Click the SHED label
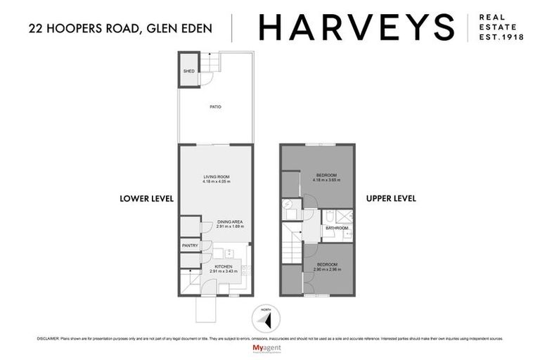click(x=188, y=72)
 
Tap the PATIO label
click(x=215, y=106)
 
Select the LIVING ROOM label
click(x=217, y=176)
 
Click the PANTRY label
click(x=190, y=245)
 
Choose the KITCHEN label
click(x=223, y=266)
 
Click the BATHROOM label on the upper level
click(x=337, y=229)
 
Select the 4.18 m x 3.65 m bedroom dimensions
click(x=326, y=180)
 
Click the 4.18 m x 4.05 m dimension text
click(x=217, y=182)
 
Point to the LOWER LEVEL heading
click(x=146, y=199)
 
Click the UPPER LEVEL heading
click(x=391, y=199)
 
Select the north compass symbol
click(x=265, y=319)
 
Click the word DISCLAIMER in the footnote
click(x=49, y=338)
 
